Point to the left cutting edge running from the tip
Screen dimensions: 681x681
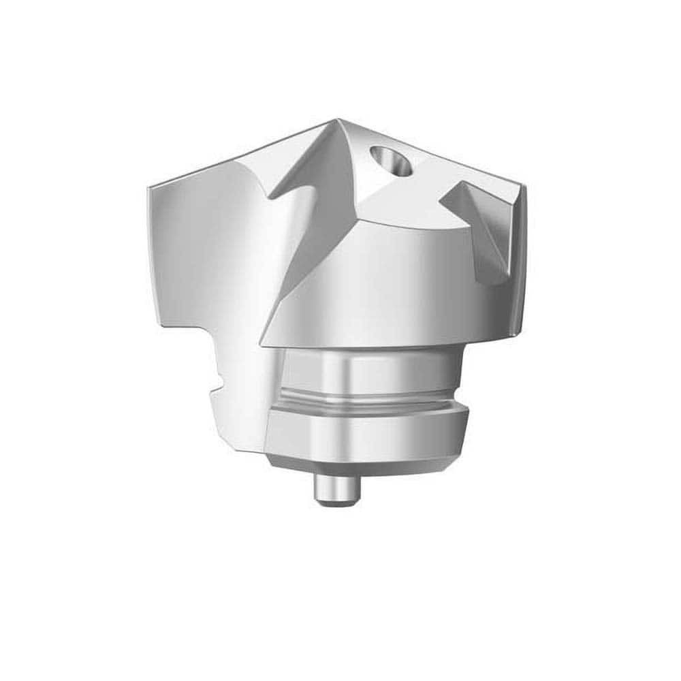tap(238, 153)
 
